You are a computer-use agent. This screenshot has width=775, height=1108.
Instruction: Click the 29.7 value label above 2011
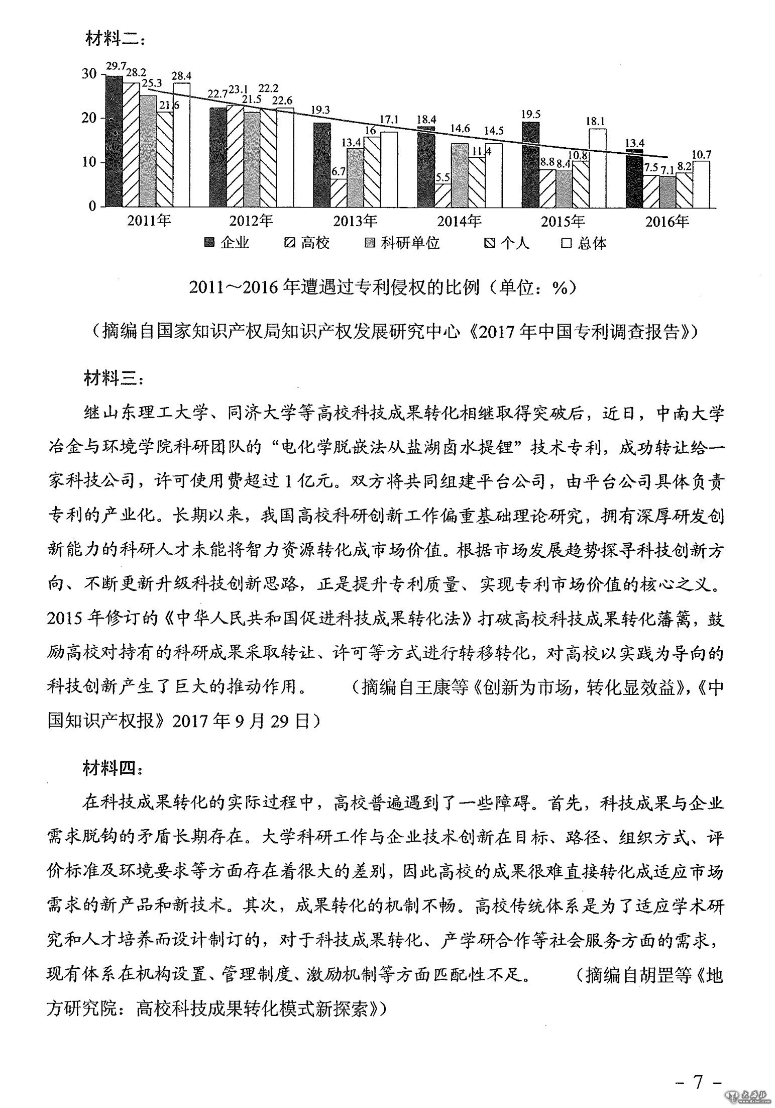pyautogui.click(x=115, y=66)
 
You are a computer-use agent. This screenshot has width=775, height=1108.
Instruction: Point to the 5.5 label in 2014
pyautogui.click(x=441, y=178)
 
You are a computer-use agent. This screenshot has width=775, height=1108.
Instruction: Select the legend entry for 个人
pyautogui.click(x=508, y=244)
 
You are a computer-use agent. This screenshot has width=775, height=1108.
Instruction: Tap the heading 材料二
pyautogui.click(x=114, y=39)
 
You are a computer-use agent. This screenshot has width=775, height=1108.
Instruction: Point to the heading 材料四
pyautogui.click(x=114, y=769)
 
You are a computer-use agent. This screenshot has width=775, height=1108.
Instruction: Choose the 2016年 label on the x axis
pyautogui.click(x=667, y=221)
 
